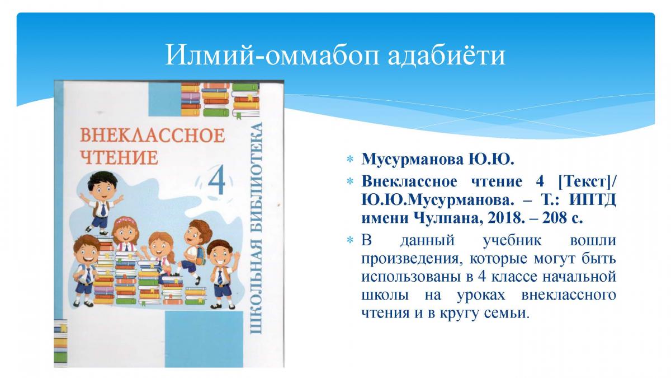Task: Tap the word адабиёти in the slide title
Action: tap(447, 56)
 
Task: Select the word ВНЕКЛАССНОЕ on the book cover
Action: tap(153, 136)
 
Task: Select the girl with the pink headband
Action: tap(125, 236)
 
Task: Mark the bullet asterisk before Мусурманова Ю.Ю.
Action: tap(349, 160)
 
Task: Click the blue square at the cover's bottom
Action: tap(204, 339)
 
